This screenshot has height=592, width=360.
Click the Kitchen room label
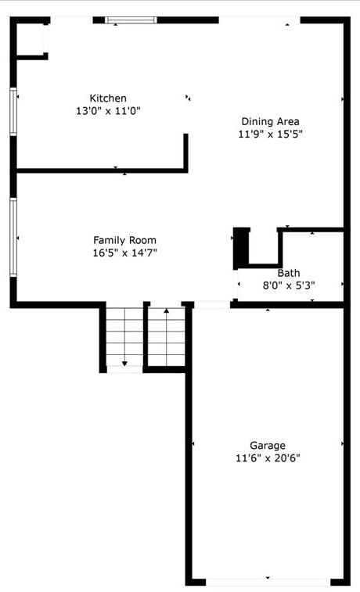(x=108, y=98)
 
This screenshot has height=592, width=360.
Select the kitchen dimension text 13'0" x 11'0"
(x=108, y=111)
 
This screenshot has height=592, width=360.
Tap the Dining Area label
(x=270, y=121)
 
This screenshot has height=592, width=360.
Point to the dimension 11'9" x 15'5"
(x=270, y=134)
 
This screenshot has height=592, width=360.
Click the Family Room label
(x=124, y=240)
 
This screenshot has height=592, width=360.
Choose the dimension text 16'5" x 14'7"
(x=124, y=253)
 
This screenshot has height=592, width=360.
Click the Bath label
(x=288, y=273)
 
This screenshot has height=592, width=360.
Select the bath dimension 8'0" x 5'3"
(x=288, y=285)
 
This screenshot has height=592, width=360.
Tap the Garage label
(x=268, y=445)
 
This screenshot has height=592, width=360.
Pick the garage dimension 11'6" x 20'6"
(x=268, y=457)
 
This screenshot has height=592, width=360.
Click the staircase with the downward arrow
(x=124, y=338)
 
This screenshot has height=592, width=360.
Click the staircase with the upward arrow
(x=166, y=336)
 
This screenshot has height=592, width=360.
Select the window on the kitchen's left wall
(x=13, y=112)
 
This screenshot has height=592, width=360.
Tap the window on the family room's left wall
(x=13, y=237)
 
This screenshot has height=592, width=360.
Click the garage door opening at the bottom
(x=268, y=581)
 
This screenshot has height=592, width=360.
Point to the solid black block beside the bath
(x=242, y=247)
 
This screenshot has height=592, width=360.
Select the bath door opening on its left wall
(x=236, y=285)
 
